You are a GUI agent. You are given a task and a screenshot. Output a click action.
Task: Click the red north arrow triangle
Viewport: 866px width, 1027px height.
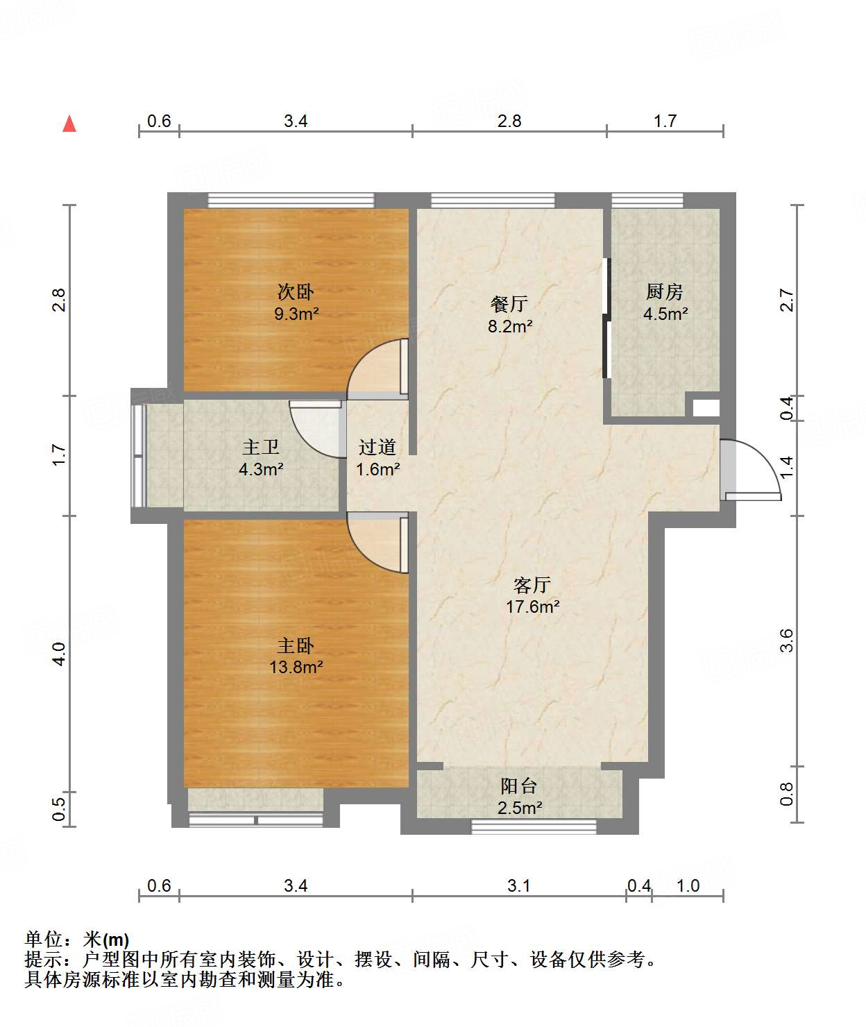69,124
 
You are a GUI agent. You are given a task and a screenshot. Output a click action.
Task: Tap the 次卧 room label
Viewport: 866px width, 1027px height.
296,291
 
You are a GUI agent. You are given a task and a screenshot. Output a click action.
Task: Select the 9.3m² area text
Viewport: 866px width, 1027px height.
296,314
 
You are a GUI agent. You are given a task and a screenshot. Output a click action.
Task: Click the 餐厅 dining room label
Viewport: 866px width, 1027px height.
509,303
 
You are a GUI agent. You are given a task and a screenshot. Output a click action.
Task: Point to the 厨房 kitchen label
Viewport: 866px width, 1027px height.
664,291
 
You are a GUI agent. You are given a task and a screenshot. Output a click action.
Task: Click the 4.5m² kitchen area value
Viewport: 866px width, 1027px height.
665,314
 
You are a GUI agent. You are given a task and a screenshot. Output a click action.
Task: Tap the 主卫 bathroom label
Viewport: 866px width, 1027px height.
261,447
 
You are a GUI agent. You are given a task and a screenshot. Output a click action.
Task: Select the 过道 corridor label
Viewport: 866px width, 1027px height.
377,447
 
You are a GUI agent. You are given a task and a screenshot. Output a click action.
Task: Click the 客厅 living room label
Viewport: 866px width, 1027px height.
532,585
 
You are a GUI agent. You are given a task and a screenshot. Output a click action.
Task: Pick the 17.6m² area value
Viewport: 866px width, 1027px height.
533,606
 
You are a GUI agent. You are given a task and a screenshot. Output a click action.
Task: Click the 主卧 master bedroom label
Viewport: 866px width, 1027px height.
296,646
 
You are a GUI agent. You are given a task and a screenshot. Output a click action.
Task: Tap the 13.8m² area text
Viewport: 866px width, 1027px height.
296,667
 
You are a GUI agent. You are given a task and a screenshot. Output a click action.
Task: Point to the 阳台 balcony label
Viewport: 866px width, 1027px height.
519,786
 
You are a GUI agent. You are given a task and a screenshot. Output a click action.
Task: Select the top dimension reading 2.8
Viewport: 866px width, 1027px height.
509,121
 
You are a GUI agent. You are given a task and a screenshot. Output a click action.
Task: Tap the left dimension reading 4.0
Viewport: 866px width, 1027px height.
59,654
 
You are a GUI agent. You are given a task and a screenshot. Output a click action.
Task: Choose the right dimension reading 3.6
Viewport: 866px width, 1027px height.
787,640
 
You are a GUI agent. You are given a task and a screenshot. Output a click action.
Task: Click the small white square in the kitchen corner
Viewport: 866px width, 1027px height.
706,408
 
